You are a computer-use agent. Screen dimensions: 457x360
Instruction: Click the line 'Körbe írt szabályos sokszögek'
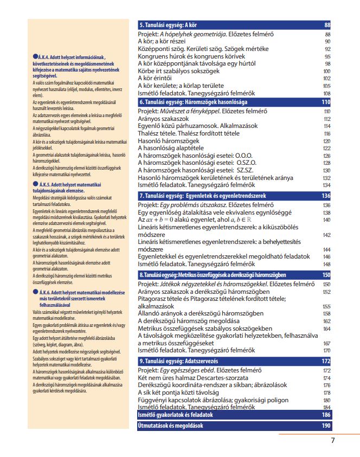click(179, 70)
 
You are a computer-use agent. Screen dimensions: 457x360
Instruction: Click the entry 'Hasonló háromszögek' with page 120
click(167, 140)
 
